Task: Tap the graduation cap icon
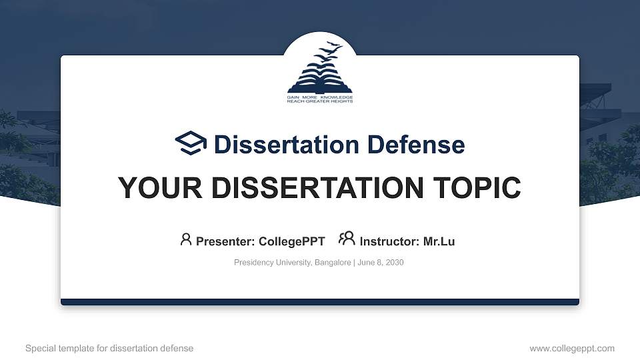point(191,143)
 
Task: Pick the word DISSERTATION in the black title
point(307,188)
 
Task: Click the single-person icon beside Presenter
point(186,239)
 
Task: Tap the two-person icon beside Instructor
point(347,239)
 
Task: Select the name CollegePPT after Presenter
point(291,241)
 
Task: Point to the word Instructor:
point(390,241)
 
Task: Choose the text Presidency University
point(271,263)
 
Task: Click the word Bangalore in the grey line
point(331,263)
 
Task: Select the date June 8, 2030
point(381,263)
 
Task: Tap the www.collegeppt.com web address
point(572,348)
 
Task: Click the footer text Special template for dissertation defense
point(109,348)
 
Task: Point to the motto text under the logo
point(320,99)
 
